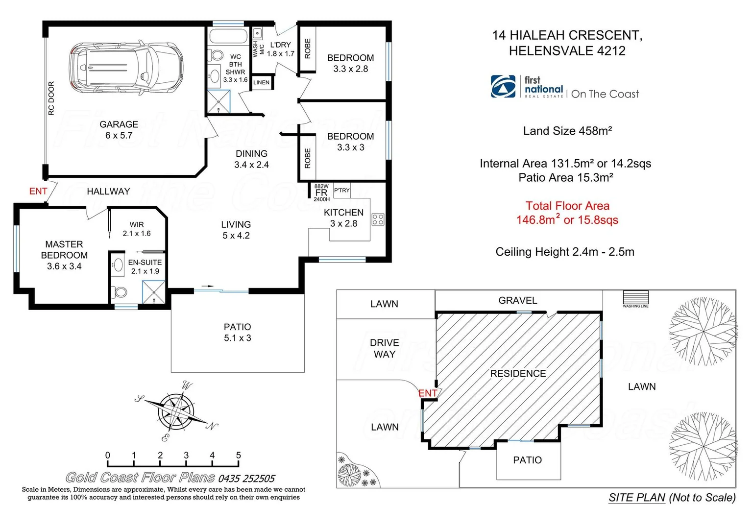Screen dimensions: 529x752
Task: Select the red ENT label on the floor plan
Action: pyautogui.click(x=38, y=192)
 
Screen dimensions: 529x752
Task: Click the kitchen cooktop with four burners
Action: pyautogui.click(x=378, y=219)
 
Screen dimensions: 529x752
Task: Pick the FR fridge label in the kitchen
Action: pyautogui.click(x=321, y=193)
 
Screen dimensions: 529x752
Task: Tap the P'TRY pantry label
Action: pyautogui.click(x=342, y=190)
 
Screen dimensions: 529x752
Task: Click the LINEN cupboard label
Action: pyautogui.click(x=261, y=82)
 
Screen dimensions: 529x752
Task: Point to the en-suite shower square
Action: pyautogui.click(x=153, y=292)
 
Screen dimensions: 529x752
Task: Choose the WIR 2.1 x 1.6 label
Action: pyautogui.click(x=137, y=229)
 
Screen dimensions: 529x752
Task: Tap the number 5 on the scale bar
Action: pyautogui.click(x=238, y=456)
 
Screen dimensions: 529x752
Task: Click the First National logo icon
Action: pyautogui.click(x=503, y=87)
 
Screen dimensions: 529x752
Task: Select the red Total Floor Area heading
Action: pyautogui.click(x=567, y=206)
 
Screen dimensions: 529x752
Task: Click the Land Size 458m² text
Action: pyautogui.click(x=567, y=131)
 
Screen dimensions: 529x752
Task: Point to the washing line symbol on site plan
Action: pyautogui.click(x=635, y=297)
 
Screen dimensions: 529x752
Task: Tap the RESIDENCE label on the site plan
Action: pyautogui.click(x=518, y=374)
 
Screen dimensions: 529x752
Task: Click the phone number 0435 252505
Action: pyautogui.click(x=246, y=479)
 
